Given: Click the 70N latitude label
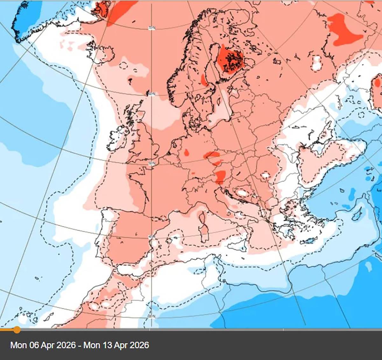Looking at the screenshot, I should [152, 28].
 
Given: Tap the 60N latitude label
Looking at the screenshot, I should [152, 94].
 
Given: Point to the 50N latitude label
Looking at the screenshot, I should [152, 164].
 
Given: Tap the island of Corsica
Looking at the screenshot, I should [202, 218].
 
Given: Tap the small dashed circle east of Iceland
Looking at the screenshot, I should [123, 66].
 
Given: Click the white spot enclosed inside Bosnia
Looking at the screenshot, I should [242, 193].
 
